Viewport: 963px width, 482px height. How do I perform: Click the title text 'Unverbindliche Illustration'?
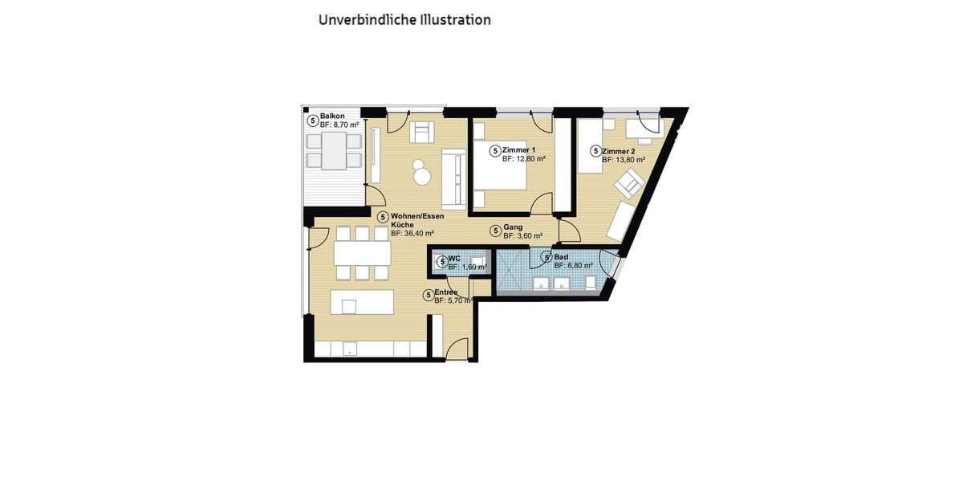[x=404, y=19]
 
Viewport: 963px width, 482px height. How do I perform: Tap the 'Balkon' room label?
[x=332, y=116]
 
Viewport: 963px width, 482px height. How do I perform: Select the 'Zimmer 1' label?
[x=519, y=150]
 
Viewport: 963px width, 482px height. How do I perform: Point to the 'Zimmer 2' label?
[x=619, y=151]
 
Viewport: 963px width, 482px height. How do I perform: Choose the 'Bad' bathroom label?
[x=561, y=256]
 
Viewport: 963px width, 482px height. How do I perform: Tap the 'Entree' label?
[x=446, y=292]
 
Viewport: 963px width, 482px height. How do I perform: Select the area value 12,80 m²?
[x=528, y=159]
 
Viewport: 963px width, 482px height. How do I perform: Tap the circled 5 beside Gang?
[x=496, y=231]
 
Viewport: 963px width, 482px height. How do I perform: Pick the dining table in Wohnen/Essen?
[x=362, y=254]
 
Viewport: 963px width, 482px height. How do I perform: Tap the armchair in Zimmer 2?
[x=628, y=186]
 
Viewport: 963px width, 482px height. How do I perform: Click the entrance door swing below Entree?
[x=457, y=349]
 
